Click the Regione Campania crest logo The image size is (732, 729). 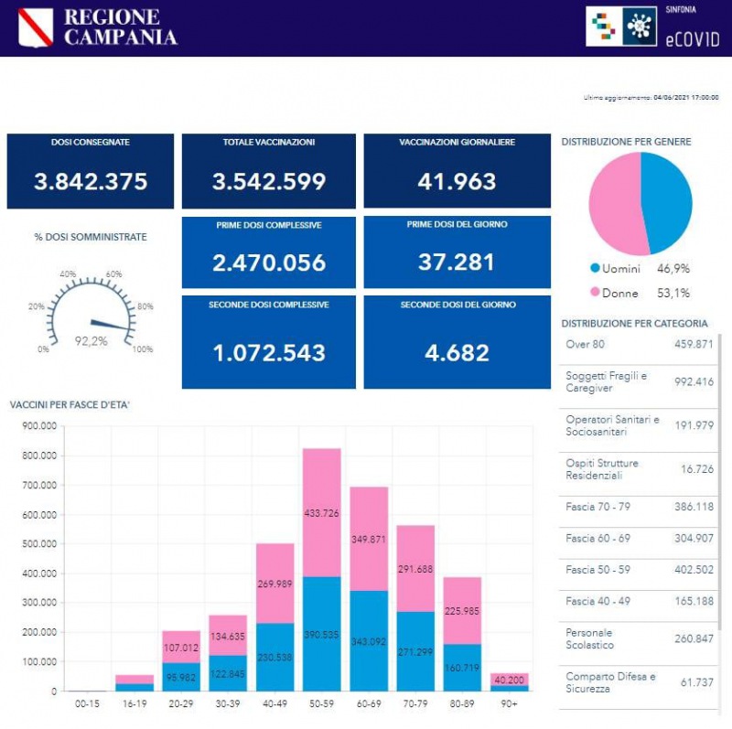click(x=36, y=27)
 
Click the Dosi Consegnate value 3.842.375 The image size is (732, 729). click(x=91, y=182)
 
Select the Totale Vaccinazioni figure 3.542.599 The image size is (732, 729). click(x=269, y=182)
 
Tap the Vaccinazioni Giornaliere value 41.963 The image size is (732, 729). click(x=457, y=182)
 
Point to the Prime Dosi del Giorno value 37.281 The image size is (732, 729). click(x=457, y=263)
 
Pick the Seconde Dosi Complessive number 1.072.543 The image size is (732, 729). click(x=269, y=352)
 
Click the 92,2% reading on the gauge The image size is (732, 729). click(x=91, y=341)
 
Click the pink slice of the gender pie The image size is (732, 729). click(x=614, y=204)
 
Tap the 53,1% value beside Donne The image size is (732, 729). click(x=673, y=293)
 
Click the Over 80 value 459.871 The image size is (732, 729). click(x=693, y=345)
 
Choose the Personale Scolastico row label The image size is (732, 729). click(x=589, y=638)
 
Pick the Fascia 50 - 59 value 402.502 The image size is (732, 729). click(x=693, y=570)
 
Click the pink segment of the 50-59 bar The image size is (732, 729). click(x=321, y=512)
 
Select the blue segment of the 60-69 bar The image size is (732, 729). click(x=369, y=640)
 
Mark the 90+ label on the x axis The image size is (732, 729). click(x=510, y=704)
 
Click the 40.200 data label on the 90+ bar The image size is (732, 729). click(x=510, y=680)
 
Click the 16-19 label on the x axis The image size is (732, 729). click(x=135, y=704)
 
